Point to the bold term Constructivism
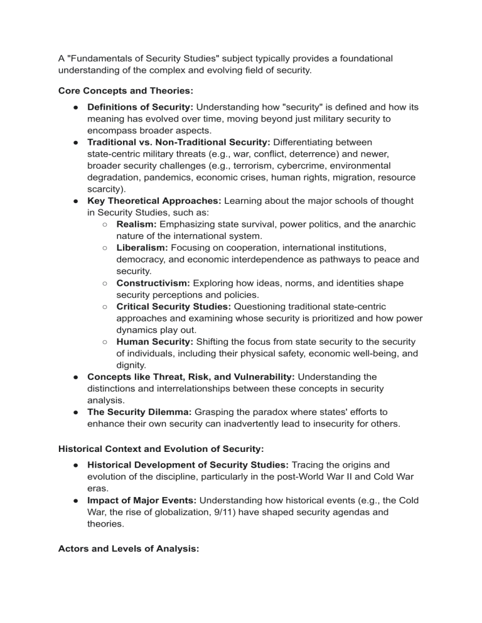point(154,283)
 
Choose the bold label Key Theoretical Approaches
point(153,201)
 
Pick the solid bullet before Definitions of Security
point(75,108)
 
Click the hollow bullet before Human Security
point(105,342)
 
